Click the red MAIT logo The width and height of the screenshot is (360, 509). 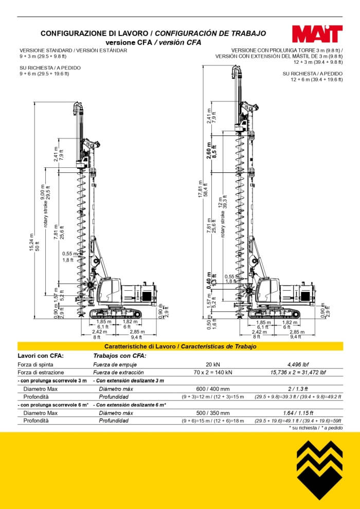[x=317, y=34]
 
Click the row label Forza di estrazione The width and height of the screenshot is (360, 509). [x=41, y=372]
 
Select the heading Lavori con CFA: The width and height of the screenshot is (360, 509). [x=41, y=355]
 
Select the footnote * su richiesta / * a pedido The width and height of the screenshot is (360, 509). [x=315, y=428]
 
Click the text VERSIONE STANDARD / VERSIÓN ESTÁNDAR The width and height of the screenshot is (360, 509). [x=73, y=50]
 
